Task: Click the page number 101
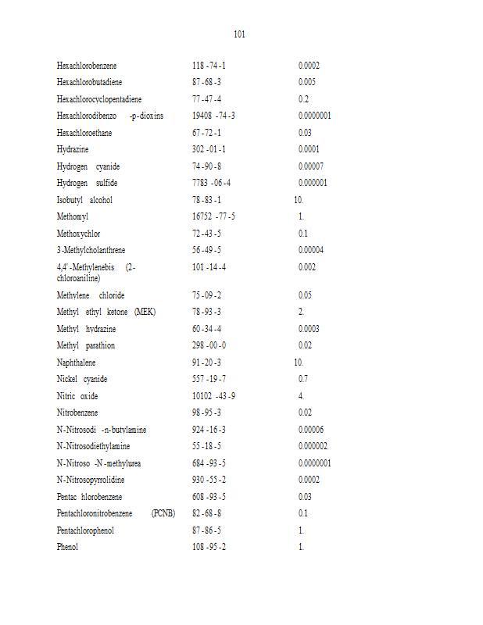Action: pyautogui.click(x=240, y=34)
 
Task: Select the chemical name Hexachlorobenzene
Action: pyautogui.click(x=87, y=66)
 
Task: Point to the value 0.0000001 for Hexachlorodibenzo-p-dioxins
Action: pyautogui.click(x=315, y=116)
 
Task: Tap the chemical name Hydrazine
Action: pyautogui.click(x=73, y=149)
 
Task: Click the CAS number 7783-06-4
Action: pyautogui.click(x=211, y=183)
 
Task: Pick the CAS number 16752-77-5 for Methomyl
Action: pyautogui.click(x=213, y=216)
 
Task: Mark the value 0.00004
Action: pyautogui.click(x=311, y=250)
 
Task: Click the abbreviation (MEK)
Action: pyautogui.click(x=145, y=312)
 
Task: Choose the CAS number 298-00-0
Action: pyautogui.click(x=209, y=345)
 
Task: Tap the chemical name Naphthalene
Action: pyautogui.click(x=77, y=362)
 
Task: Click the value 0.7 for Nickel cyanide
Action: pyautogui.click(x=303, y=379)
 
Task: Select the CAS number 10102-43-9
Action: pyautogui.click(x=213, y=396)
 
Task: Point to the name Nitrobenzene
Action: pyautogui.click(x=78, y=412)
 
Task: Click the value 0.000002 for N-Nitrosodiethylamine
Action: pyautogui.click(x=313, y=446)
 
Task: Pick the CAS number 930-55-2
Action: pyautogui.click(x=209, y=480)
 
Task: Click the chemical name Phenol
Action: pyautogui.click(x=67, y=547)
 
